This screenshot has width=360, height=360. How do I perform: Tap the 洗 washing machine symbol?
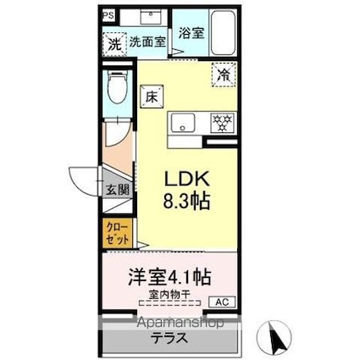point(114,43)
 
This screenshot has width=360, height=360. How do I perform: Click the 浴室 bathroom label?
point(190,33)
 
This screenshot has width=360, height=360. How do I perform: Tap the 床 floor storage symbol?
point(151,97)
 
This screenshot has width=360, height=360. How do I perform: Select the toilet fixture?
point(118,88)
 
